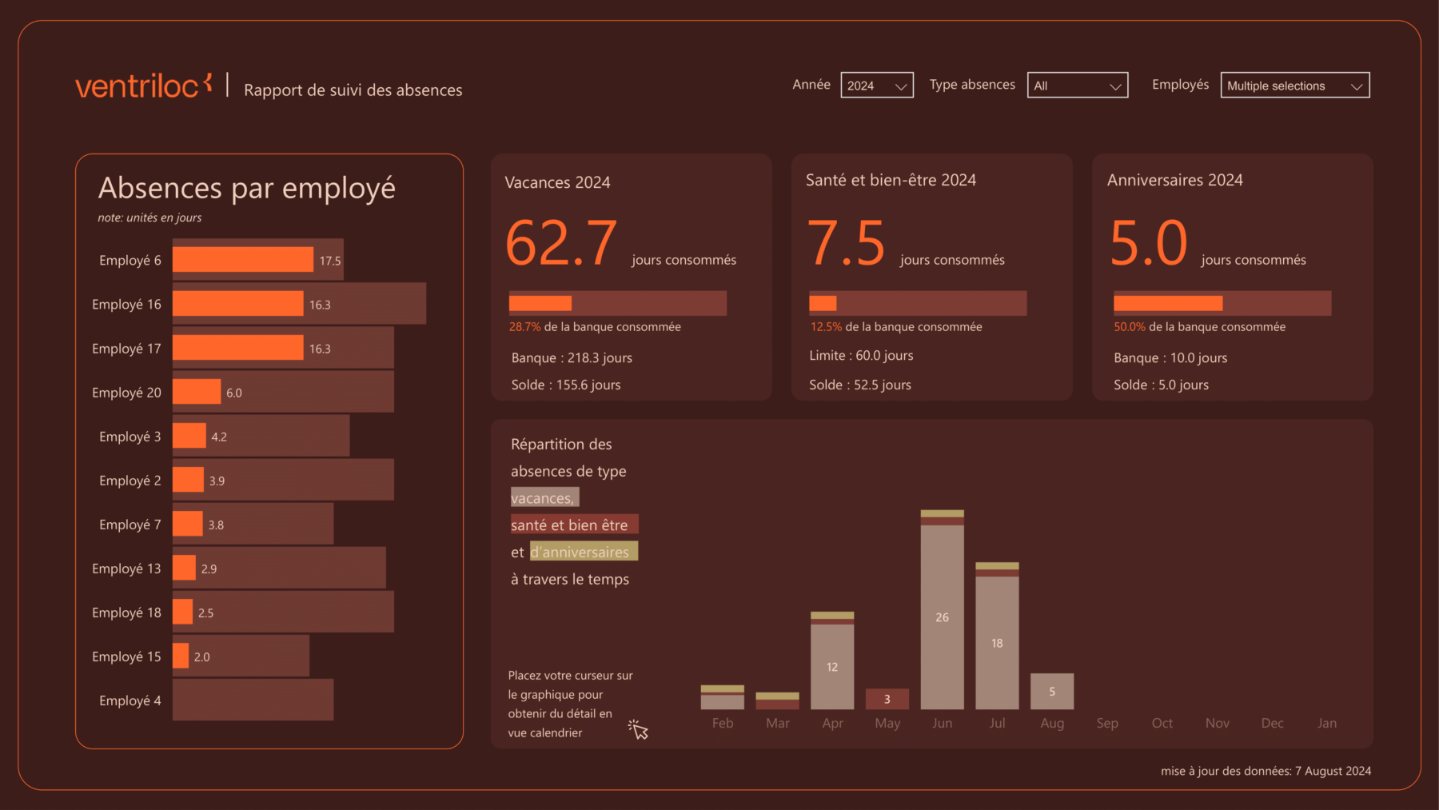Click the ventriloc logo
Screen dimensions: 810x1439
pyautogui.click(x=143, y=86)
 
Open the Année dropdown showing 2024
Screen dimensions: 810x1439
pyautogui.click(x=876, y=86)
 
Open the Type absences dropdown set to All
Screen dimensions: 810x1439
pyautogui.click(x=1077, y=86)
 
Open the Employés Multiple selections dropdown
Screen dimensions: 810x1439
pyautogui.click(x=1294, y=86)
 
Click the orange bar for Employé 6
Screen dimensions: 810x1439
pyautogui.click(x=242, y=260)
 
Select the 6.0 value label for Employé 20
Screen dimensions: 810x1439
pyautogui.click(x=233, y=393)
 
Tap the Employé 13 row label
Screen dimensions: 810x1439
pyautogui.click(x=126, y=569)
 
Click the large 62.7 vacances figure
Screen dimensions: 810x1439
pyautogui.click(x=561, y=243)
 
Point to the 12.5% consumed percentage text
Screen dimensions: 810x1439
pyautogui.click(x=826, y=327)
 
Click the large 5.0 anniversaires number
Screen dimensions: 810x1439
pyautogui.click(x=1149, y=243)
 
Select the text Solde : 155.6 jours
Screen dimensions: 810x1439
pyautogui.click(x=566, y=385)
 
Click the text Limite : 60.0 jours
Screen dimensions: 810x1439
pyautogui.click(x=861, y=356)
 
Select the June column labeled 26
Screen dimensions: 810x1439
pyautogui.click(x=942, y=616)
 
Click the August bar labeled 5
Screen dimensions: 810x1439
pyautogui.click(x=1051, y=692)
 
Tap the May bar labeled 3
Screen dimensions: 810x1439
pyautogui.click(x=887, y=699)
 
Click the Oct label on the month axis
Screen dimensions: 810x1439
pyautogui.click(x=1162, y=723)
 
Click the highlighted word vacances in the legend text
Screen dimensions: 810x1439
pyautogui.click(x=544, y=498)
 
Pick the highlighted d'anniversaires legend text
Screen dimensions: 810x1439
pyautogui.click(x=583, y=552)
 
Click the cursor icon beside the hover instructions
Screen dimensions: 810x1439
pyautogui.click(x=638, y=729)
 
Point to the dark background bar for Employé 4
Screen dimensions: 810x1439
pyautogui.click(x=253, y=700)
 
